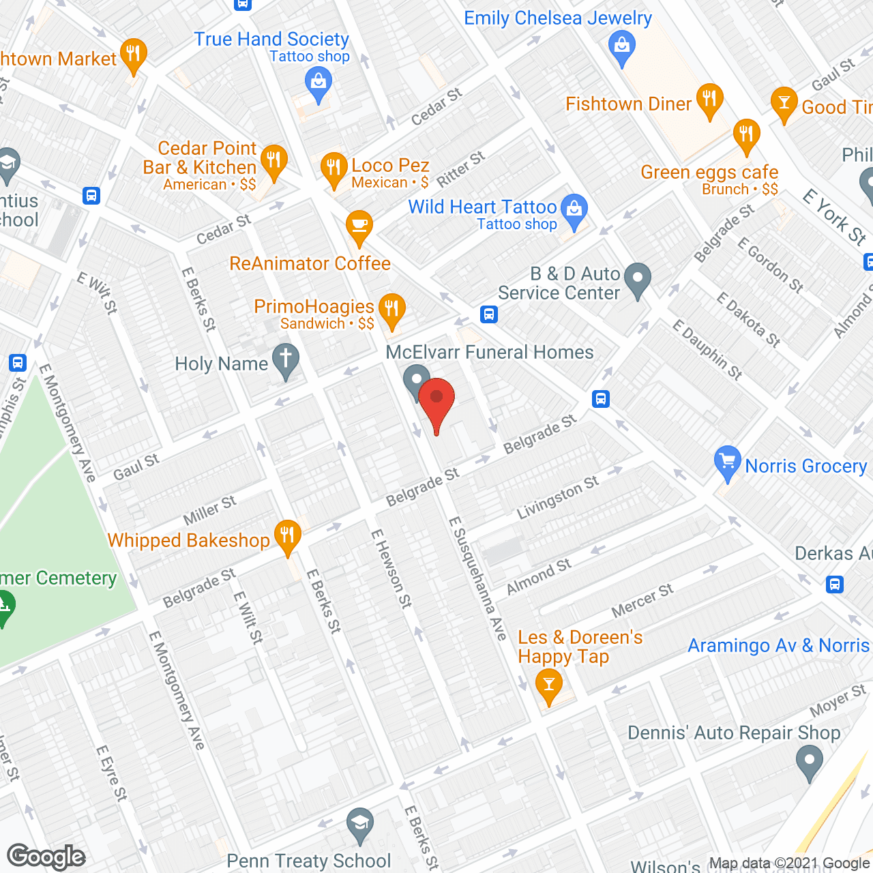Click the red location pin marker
tap(436, 400)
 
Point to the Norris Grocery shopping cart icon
tap(727, 461)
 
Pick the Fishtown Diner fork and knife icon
tap(710, 99)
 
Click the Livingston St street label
tap(557, 497)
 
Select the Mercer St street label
tap(642, 600)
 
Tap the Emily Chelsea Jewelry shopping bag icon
tap(621, 47)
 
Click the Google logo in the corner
tap(46, 857)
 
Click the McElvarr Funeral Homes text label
tap(490, 352)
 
